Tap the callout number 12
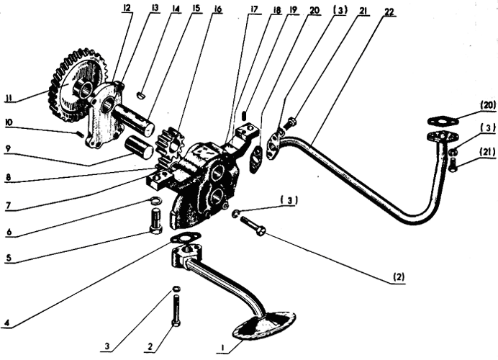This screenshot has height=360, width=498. [x=127, y=9]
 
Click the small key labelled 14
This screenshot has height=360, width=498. [x=142, y=92]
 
